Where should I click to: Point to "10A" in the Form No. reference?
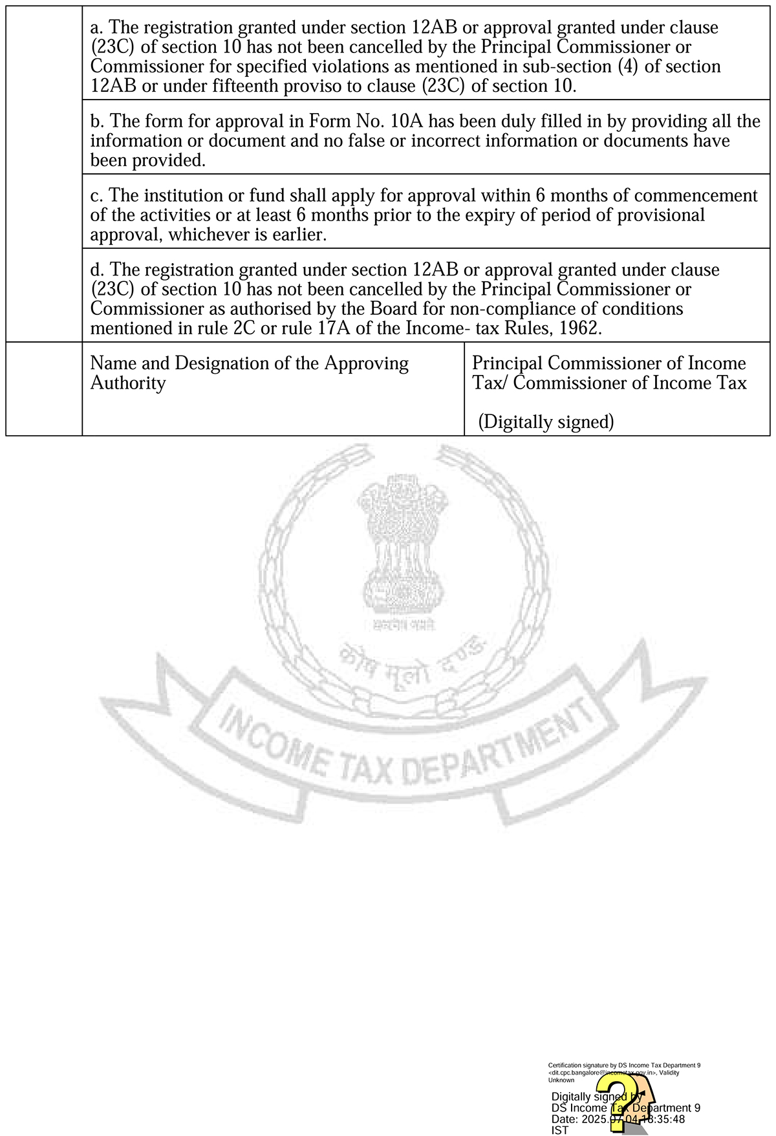coord(407,122)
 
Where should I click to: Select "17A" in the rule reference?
coord(334,328)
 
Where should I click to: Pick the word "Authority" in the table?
coord(128,383)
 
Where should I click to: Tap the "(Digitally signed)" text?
coord(546,422)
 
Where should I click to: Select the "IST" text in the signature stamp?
coord(559,1130)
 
